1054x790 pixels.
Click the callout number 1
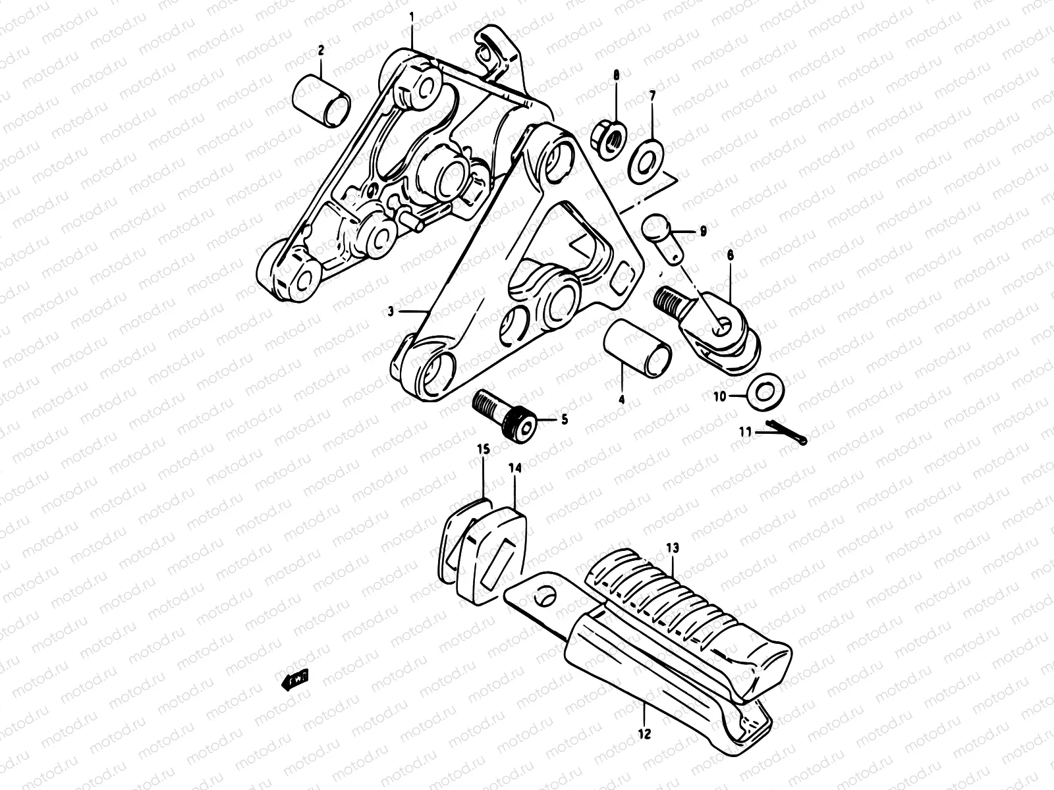click(412, 14)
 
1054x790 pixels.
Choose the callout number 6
click(730, 254)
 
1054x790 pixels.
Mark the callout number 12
click(645, 731)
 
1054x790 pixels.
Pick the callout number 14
click(514, 467)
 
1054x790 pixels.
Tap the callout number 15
click(484, 450)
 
